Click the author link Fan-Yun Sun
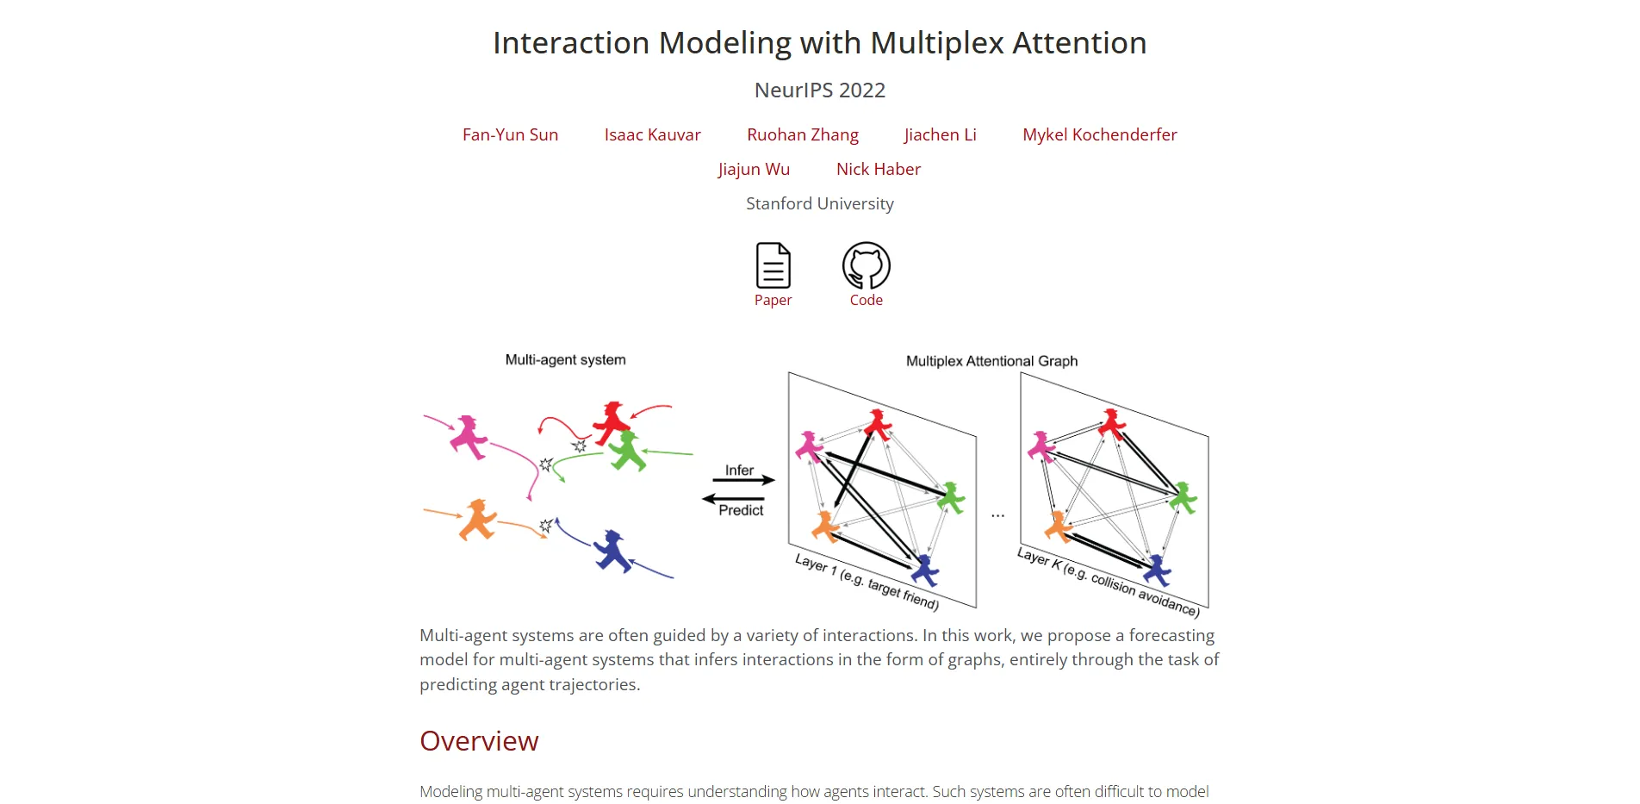click(x=510, y=134)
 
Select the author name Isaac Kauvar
click(x=652, y=134)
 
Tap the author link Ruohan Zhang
click(x=802, y=134)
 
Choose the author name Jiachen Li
click(x=940, y=134)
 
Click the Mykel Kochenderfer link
click(x=1099, y=134)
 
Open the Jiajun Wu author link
click(x=754, y=169)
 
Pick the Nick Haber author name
click(x=878, y=169)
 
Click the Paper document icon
click(x=773, y=265)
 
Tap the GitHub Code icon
click(x=866, y=265)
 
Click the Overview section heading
click(x=479, y=741)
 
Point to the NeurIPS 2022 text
click(x=819, y=90)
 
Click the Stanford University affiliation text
click(x=819, y=203)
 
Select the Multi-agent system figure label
click(x=565, y=360)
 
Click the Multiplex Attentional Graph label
click(x=991, y=361)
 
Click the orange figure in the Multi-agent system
click(x=476, y=520)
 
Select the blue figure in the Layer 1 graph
click(x=924, y=570)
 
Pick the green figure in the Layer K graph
click(x=1183, y=498)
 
